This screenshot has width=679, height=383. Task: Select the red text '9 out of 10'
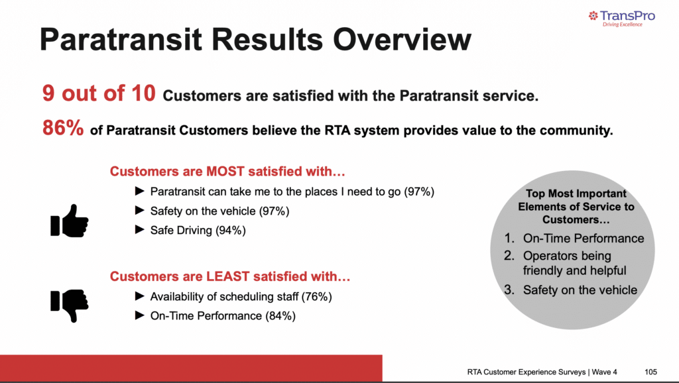click(99, 94)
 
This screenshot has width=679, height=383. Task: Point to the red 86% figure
click(63, 129)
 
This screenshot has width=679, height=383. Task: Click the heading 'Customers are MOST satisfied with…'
click(227, 172)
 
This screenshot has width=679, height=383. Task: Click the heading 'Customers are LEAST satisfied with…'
click(229, 276)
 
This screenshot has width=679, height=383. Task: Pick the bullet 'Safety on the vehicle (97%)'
click(219, 211)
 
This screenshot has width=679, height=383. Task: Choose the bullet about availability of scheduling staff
click(240, 296)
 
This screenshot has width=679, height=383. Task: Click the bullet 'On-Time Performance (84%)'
click(223, 316)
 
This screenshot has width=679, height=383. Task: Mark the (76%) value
click(316, 296)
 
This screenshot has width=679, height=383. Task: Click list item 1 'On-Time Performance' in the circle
click(583, 239)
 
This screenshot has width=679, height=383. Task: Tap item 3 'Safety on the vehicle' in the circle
click(580, 290)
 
